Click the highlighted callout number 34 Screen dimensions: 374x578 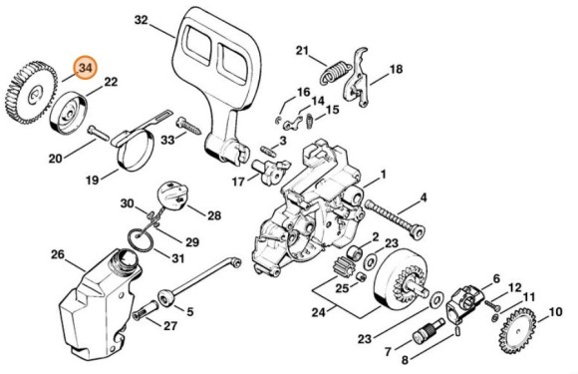(x=87, y=68)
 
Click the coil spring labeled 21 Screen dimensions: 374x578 (x=337, y=71)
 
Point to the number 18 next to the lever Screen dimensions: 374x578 (x=396, y=70)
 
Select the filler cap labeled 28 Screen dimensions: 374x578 (x=175, y=197)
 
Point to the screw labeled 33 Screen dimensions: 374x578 (x=190, y=127)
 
